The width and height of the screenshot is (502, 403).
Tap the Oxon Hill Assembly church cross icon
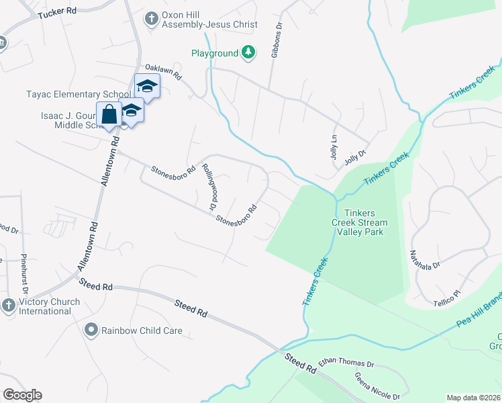pos(152,18)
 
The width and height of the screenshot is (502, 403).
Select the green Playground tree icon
pos(248,52)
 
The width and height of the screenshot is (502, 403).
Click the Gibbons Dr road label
pos(275,42)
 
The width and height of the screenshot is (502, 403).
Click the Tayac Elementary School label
pos(79,94)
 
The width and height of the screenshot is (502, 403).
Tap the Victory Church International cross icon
pos(8,305)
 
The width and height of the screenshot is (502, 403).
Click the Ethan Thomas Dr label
pos(346,363)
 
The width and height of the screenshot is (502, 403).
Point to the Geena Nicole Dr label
pos(376,386)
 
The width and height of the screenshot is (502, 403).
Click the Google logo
pos(22,395)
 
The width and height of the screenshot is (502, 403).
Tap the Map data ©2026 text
pos(472,398)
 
